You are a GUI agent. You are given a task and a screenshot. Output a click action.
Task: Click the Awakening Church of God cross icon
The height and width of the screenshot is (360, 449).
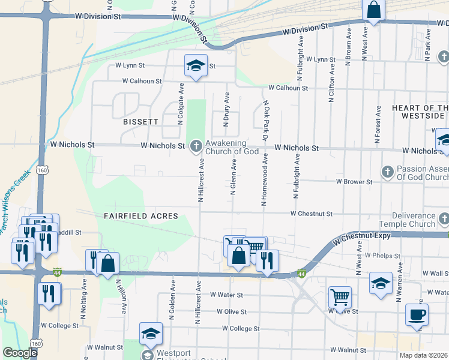pos(196,146)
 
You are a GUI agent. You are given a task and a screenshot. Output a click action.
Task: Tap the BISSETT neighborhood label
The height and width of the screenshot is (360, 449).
pos(140,122)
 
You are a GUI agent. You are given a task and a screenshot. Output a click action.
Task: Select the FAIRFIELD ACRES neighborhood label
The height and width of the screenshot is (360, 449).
pos(141,215)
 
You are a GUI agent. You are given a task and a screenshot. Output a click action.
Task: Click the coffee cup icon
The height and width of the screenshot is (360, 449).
pos(417,314)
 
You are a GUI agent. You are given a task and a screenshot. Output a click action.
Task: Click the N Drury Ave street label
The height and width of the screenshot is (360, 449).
pos(227,109)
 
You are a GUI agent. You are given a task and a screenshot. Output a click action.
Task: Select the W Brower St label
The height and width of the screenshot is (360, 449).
pos(354,181)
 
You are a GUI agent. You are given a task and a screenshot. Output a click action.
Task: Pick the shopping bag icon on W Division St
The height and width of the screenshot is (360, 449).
pos(373,10)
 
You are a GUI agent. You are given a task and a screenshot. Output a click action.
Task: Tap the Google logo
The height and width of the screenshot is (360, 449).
pos(20,353)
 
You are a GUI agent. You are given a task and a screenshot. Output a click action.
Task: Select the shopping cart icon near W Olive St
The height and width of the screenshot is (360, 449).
pos(340,296)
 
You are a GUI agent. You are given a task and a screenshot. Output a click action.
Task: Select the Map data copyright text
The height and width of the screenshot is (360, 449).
pos(423,355)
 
